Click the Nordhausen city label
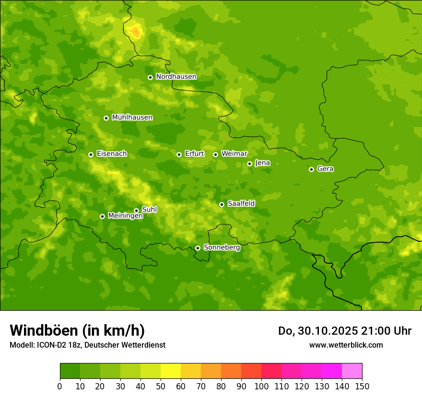pos(176,77)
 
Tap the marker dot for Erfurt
pos(179,154)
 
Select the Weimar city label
pos(234,154)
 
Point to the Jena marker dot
pos(249,164)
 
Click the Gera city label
pos(325,169)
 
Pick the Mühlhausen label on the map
pos(132,117)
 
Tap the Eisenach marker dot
pos(91,154)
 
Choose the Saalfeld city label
pos(241,204)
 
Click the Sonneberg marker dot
pos(198,248)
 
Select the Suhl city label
pos(149,210)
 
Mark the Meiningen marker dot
pos(102,216)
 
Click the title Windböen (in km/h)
pos(77,330)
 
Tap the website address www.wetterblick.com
pos(346,345)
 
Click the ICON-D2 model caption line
pos(87,345)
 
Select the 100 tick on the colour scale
pos(261,386)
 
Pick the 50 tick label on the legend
pos(161,386)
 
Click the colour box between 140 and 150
pos(352,371)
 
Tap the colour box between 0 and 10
pos(70,371)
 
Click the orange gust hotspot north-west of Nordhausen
pos(136,32)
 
